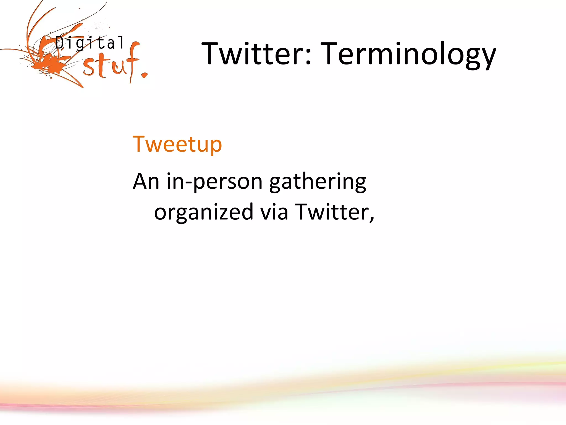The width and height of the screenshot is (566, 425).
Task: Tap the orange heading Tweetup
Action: (177, 144)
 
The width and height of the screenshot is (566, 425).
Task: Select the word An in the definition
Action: (146, 181)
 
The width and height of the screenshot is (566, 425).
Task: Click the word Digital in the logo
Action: (89, 43)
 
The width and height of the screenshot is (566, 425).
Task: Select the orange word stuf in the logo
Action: (111, 65)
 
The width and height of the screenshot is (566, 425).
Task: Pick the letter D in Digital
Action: (60, 43)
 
